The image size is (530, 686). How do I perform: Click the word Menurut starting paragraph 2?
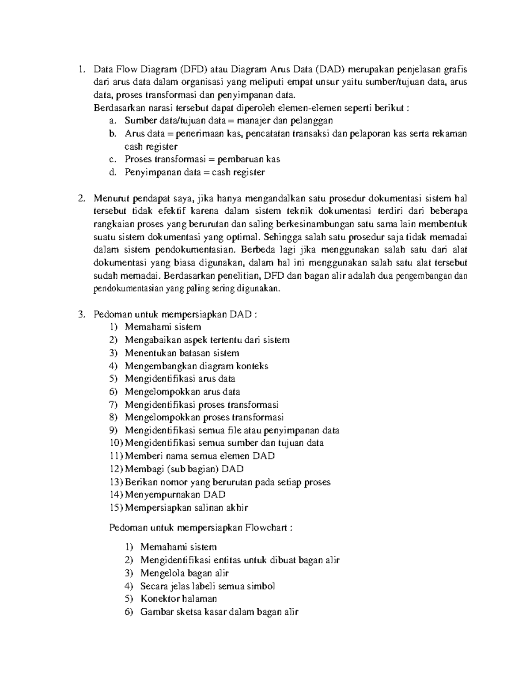(x=109, y=198)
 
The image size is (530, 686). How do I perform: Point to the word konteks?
(x=252, y=366)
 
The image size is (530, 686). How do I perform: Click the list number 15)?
(x=117, y=508)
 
